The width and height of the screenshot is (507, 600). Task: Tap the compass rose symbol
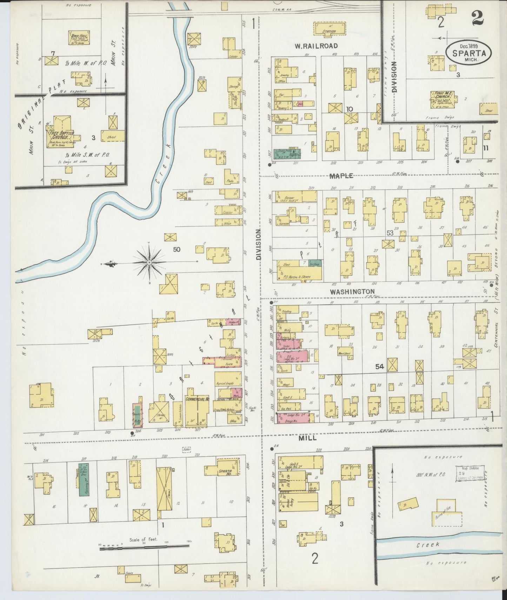point(149,262)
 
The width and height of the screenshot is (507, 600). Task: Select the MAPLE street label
point(341,175)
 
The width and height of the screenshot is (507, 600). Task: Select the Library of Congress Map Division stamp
point(470,473)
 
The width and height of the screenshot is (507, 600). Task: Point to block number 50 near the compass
point(176,249)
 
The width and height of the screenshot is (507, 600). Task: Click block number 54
point(379,367)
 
